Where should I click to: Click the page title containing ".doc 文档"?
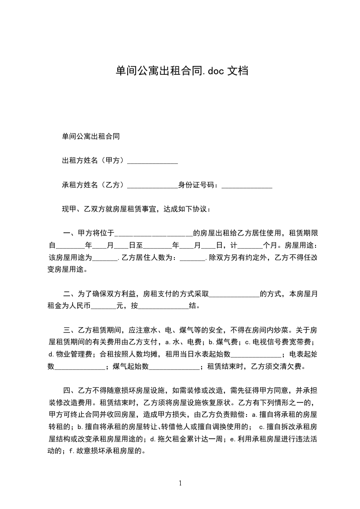tap(181, 71)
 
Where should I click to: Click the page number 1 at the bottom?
tap(180, 483)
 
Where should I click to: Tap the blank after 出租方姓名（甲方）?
tap(152, 161)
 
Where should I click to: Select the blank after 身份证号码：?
tap(247, 186)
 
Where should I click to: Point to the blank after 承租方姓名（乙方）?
tap(152, 186)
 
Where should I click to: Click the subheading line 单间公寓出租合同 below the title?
tap(91, 136)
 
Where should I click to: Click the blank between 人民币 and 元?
tap(104, 306)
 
